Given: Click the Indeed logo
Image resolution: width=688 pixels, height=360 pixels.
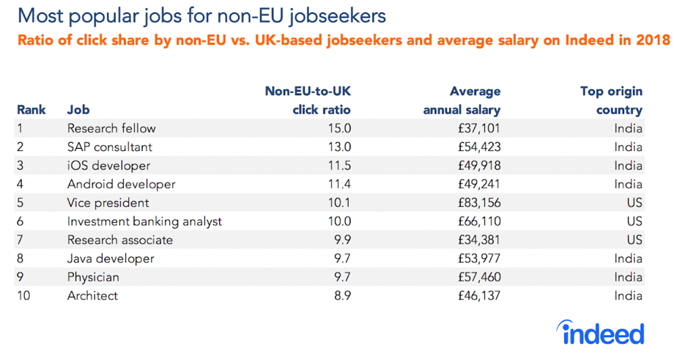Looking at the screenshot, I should coord(602,333).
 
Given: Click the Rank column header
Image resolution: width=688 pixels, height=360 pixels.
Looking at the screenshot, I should coord(32,110).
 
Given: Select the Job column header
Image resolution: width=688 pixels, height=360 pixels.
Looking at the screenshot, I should coord(78,110).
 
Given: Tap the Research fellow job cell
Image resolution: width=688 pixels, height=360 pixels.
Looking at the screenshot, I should coord(111,128).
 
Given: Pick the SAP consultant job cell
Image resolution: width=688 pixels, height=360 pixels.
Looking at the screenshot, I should coord(109,147).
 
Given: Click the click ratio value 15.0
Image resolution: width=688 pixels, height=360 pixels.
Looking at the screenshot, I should coord(339,128).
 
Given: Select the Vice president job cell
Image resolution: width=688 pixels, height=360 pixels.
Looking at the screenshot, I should coord(108,202).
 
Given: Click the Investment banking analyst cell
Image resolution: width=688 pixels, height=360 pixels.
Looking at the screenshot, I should coord(144,221).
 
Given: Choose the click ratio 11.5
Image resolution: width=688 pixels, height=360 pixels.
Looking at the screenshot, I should coord(339,166).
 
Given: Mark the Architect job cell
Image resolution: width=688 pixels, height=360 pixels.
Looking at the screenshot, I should coord(92,295).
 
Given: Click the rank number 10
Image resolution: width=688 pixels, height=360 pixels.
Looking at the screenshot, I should coord(23,295).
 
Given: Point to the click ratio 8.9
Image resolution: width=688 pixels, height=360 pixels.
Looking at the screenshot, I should coord(341,295).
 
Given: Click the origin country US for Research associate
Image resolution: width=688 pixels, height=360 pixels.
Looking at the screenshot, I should coord(634,240).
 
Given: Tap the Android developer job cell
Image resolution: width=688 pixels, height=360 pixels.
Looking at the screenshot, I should coord(121,184).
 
